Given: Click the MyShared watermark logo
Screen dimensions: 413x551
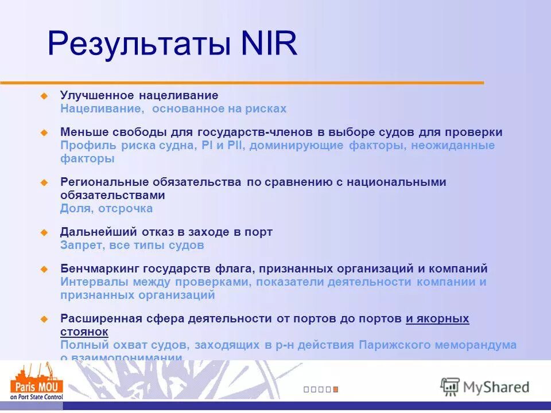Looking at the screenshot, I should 484,386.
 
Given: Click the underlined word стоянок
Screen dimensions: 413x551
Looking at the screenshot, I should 84,332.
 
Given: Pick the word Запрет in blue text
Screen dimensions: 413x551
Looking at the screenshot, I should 80,246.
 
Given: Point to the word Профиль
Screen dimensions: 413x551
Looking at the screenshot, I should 85,146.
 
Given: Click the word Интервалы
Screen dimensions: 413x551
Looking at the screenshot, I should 92,282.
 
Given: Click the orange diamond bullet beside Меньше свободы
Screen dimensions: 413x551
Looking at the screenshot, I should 43,133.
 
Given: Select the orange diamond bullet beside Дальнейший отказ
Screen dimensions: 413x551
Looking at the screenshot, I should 43,232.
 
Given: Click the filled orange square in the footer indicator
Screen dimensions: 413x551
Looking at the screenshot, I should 336,389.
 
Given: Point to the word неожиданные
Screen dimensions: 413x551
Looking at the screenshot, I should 453,146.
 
